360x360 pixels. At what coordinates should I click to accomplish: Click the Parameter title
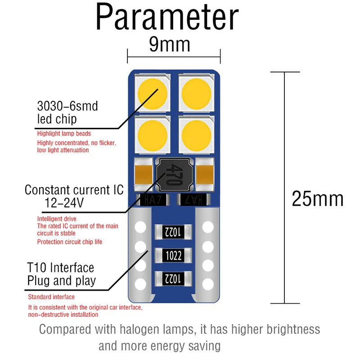coord(167,18)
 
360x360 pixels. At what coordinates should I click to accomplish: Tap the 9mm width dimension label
coord(170,45)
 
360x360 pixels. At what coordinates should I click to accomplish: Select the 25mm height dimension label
coord(317,198)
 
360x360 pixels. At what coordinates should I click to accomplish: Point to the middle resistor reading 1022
coord(174,256)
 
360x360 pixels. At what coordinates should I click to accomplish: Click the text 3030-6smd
coord(67,106)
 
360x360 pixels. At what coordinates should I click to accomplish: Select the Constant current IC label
coord(74,190)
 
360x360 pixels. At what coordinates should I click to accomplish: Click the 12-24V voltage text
coord(64,203)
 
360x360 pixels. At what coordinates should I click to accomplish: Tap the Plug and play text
coord(62,281)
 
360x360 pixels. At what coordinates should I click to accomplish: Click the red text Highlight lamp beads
coord(64,134)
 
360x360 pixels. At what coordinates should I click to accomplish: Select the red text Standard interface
coord(51,297)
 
